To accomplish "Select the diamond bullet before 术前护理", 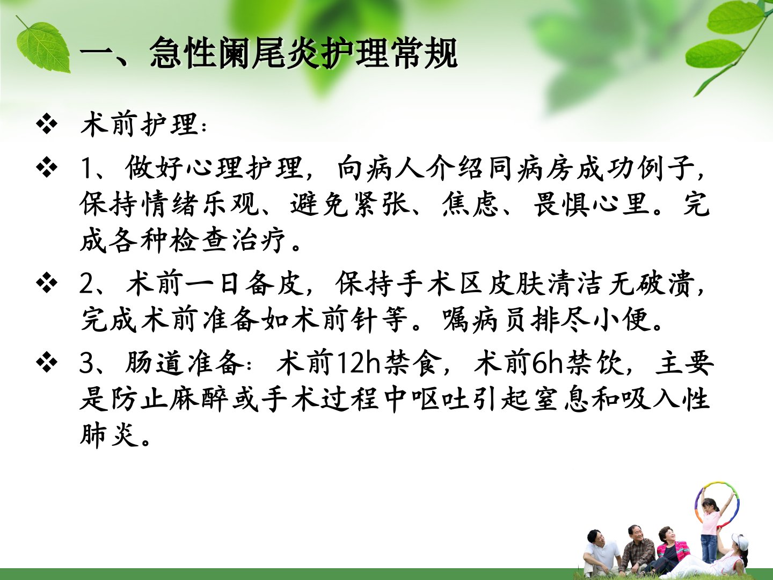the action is [47, 124].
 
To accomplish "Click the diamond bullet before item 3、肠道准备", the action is [47, 362].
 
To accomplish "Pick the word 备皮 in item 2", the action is [274, 284].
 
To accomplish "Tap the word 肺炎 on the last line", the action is [110, 435].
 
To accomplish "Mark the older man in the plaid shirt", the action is [637, 549].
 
